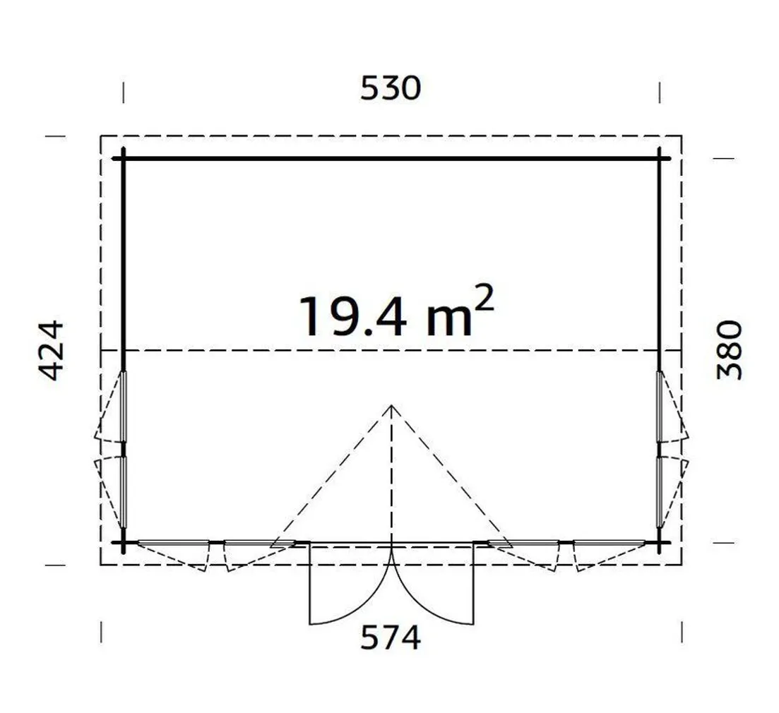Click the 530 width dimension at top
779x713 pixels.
click(391, 89)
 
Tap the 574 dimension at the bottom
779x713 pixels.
click(391, 638)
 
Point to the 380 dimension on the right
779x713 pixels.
click(730, 350)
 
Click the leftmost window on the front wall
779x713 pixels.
click(173, 543)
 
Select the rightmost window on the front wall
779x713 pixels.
click(609, 543)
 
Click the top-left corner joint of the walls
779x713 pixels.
click(124, 159)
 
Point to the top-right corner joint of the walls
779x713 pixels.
click(660, 159)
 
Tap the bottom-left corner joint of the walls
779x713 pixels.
click(124, 542)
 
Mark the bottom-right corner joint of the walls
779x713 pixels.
click(660, 542)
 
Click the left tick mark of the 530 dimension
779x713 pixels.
click(124, 92)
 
